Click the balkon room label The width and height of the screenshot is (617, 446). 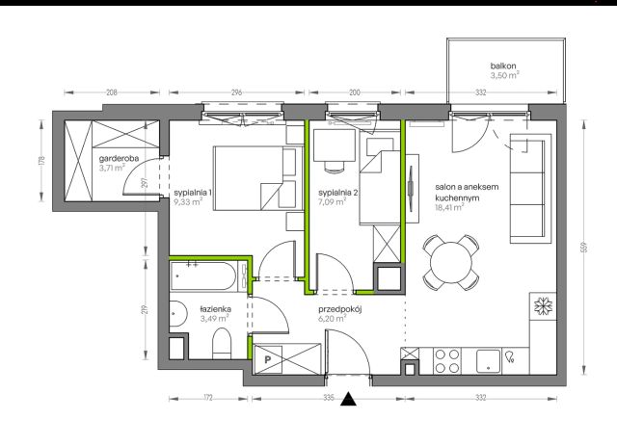point(503,66)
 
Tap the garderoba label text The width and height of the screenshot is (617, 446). point(119,159)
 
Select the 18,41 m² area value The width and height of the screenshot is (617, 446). point(449,208)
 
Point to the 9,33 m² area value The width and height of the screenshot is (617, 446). point(188,202)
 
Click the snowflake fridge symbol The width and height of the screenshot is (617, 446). point(543,306)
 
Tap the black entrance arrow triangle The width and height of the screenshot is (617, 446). point(348,399)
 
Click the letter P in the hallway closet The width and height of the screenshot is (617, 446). point(268,359)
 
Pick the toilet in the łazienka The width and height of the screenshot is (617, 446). point(222,343)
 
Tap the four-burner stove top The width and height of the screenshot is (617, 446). point(447,361)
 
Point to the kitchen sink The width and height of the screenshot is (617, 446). point(489,361)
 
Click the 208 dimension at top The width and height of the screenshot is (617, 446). point(112,92)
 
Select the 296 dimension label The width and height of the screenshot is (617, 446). point(236,92)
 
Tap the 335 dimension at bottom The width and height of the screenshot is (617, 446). point(328,398)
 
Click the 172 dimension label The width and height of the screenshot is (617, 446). point(208,398)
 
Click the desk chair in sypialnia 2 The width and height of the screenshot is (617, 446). point(335,168)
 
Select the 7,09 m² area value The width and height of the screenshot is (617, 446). point(333,202)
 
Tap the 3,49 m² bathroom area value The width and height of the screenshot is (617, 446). point(215,319)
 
